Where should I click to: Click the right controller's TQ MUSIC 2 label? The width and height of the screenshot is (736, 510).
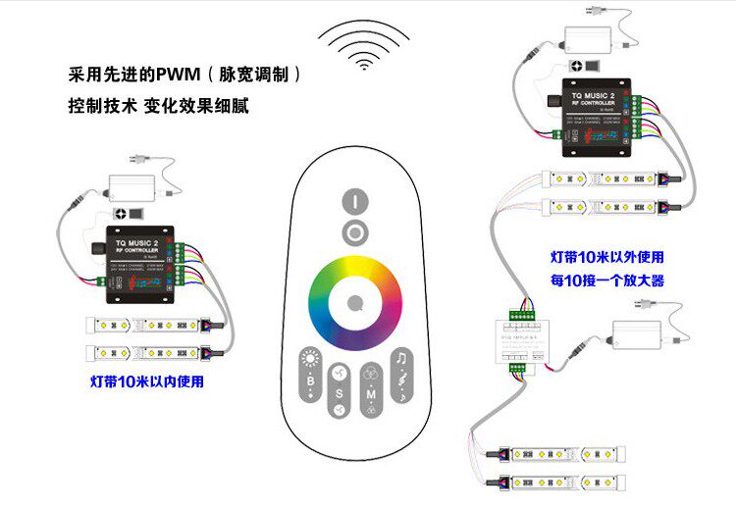599,94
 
